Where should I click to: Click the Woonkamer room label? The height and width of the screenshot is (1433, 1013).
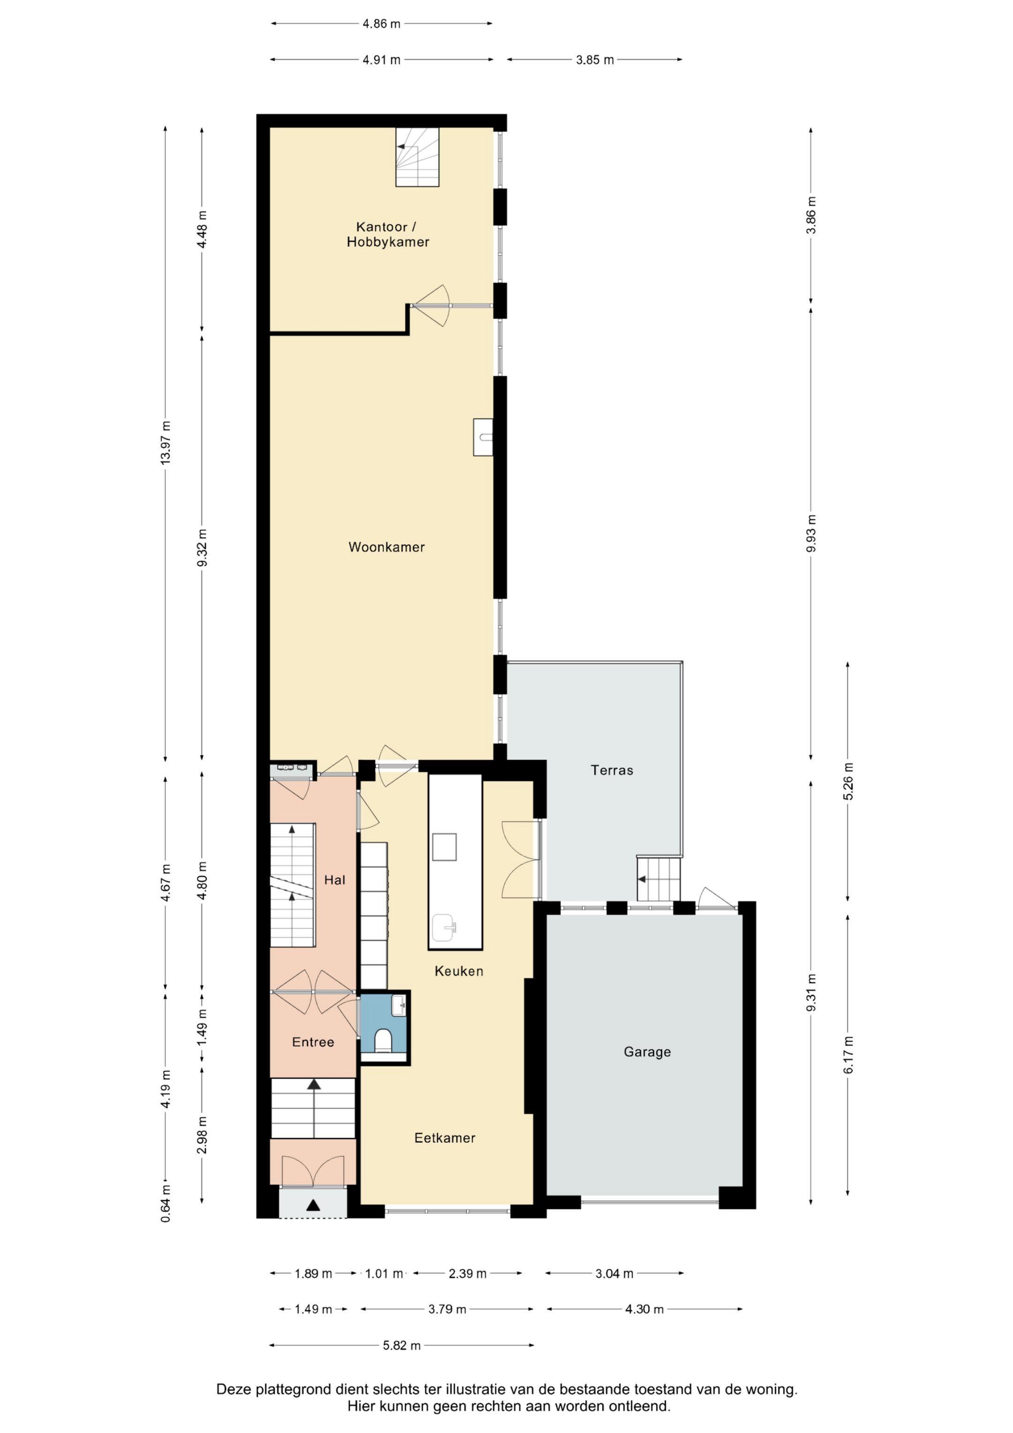(386, 547)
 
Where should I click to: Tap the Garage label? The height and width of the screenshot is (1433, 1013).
(647, 1052)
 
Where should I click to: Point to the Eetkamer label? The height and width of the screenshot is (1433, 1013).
(445, 1138)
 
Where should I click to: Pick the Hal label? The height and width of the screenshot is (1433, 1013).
(334, 880)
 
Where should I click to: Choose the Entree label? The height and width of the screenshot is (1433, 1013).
(313, 1042)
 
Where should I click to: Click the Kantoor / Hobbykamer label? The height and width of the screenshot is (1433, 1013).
(387, 235)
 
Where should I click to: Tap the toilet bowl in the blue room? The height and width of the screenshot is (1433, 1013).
(383, 1040)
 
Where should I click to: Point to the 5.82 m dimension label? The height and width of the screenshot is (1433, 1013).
(401, 1346)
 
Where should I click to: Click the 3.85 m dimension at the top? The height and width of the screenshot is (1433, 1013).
(594, 60)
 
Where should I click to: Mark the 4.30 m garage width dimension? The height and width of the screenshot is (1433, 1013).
(644, 1310)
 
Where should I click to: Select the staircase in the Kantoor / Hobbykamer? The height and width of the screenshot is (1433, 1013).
(417, 157)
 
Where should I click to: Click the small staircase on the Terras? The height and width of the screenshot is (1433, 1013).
(658, 878)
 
